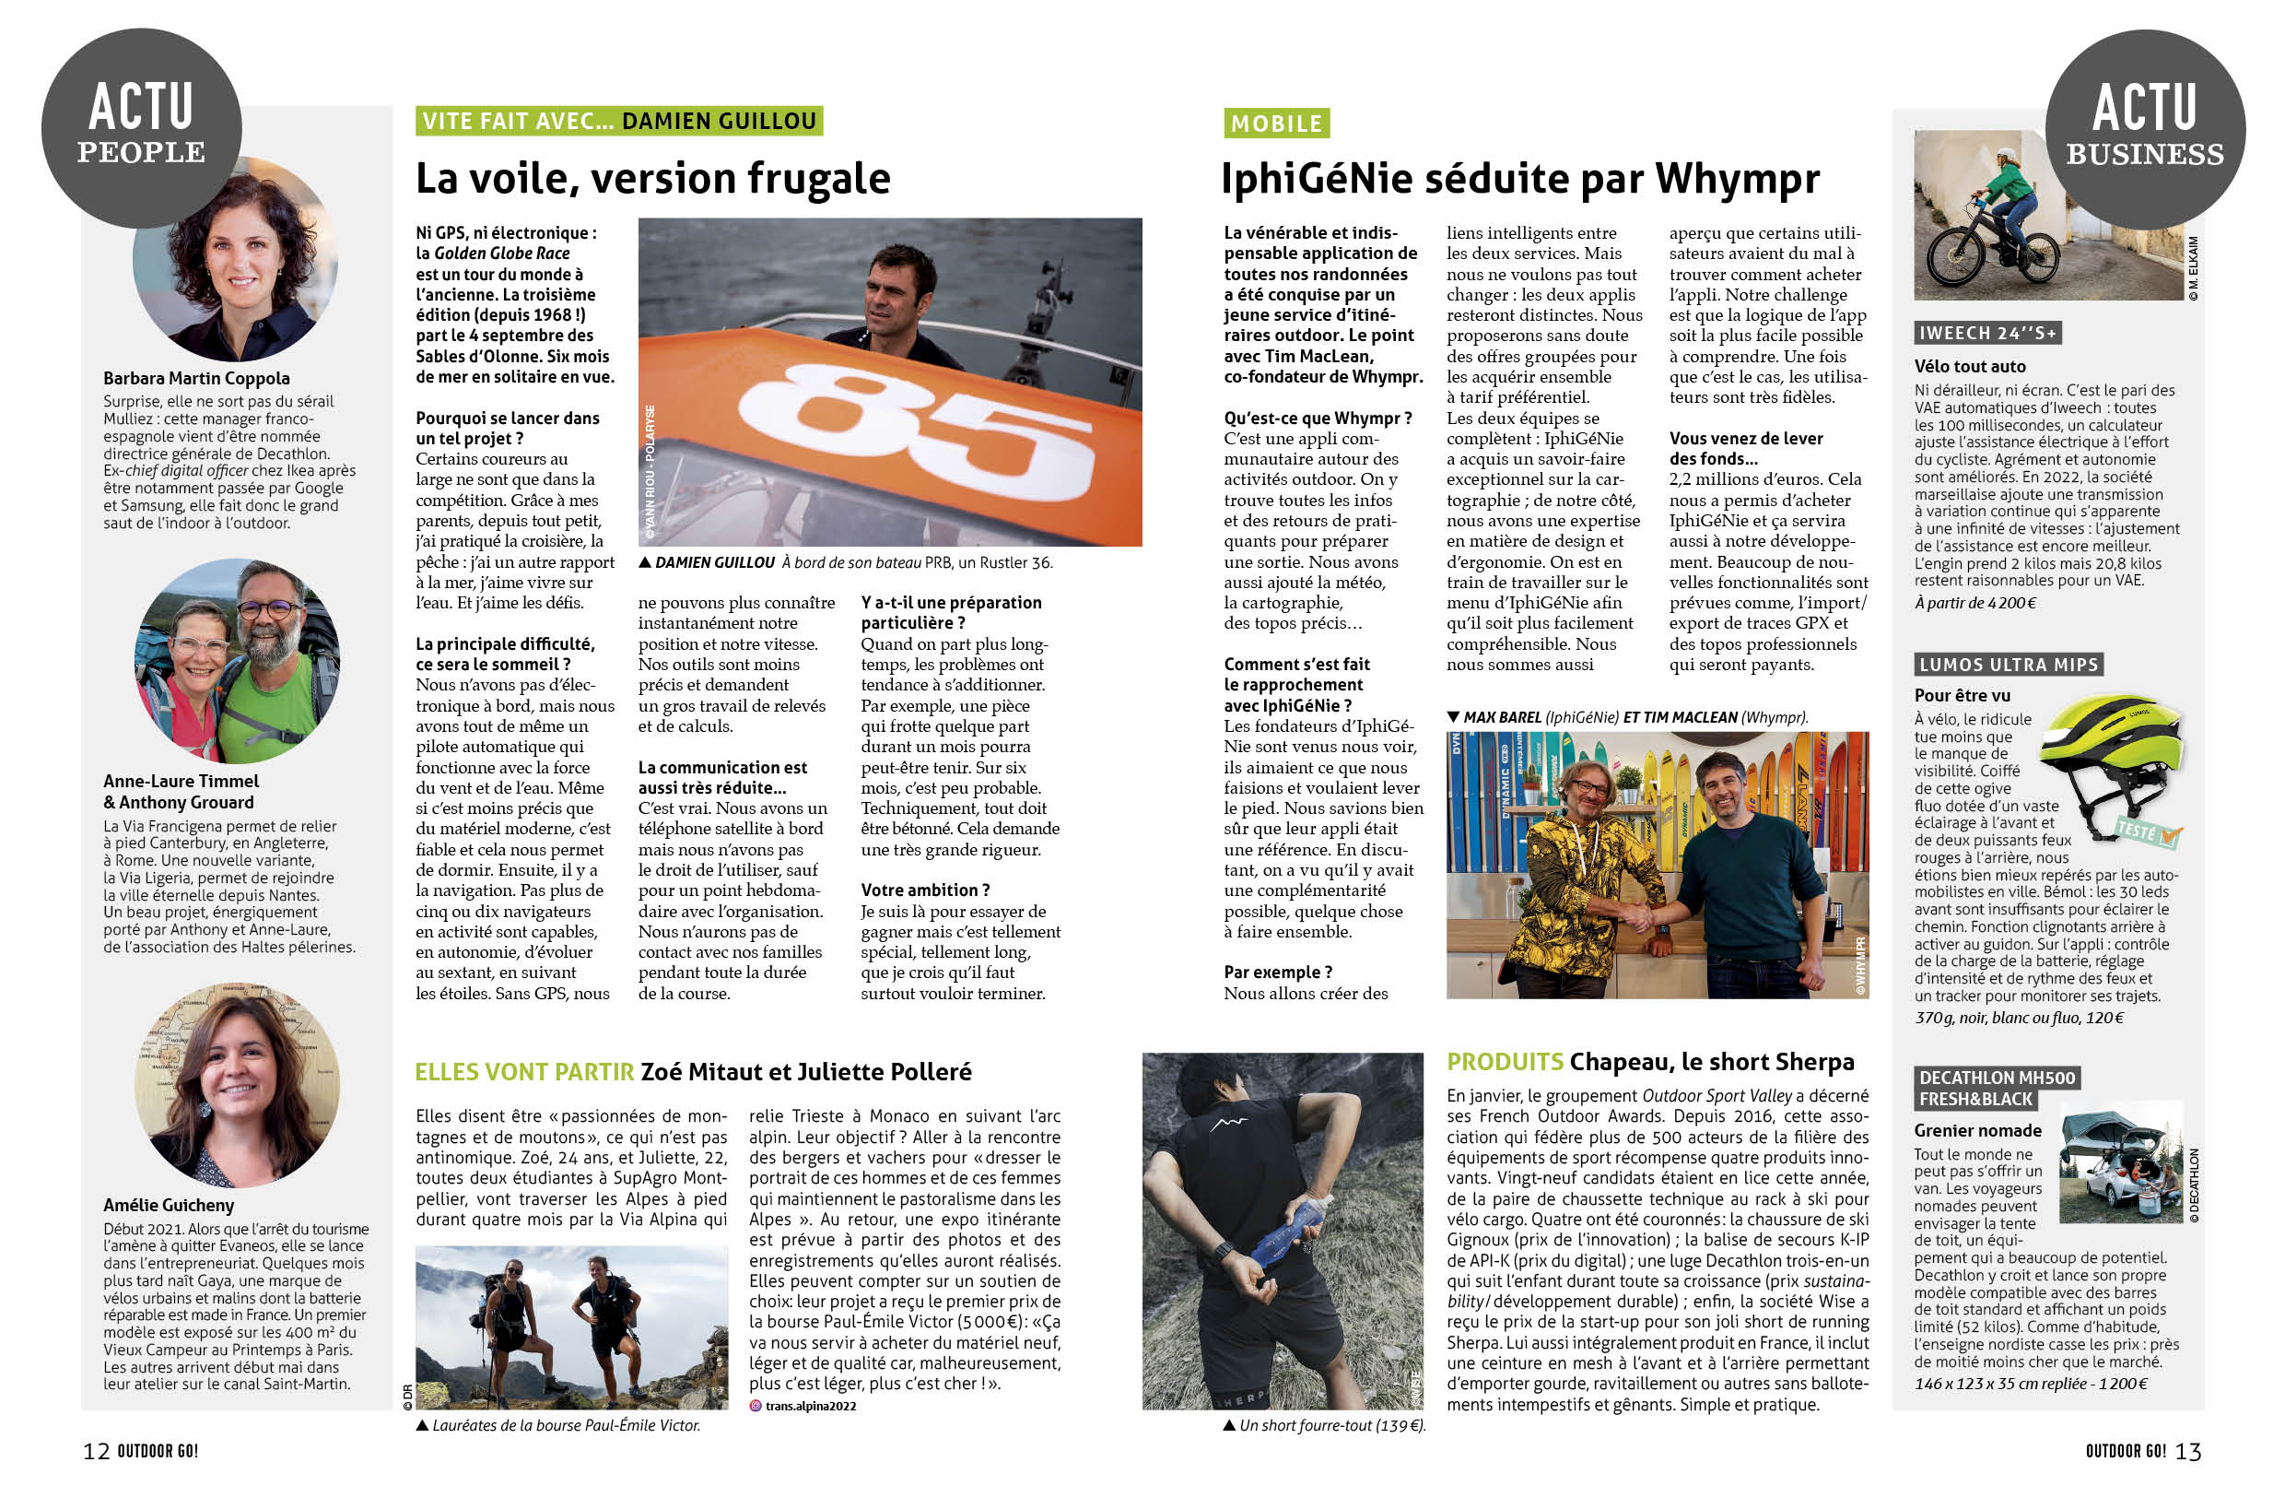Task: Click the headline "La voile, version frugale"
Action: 653,179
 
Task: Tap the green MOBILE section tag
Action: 1276,123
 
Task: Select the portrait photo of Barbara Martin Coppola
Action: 235,259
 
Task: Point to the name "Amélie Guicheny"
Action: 169,1205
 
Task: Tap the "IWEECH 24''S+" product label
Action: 1986,333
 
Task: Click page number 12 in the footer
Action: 96,1451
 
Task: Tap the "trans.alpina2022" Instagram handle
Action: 809,1406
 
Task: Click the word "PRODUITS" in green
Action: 1505,1062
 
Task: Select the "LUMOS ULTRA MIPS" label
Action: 2009,665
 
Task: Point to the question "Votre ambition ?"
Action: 924,890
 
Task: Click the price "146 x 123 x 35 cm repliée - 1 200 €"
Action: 2031,1384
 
